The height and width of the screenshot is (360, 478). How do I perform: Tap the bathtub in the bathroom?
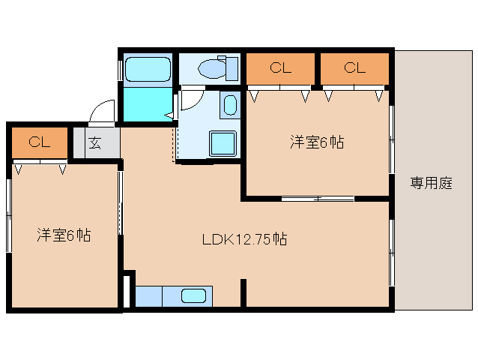pos(148,69)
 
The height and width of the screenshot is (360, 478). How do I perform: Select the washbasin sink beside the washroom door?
pos(230,105)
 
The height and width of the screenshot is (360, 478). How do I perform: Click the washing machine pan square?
pos(223,143)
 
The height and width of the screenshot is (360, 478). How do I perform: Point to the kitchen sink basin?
pos(193,295)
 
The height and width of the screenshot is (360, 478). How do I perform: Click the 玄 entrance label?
pos(95,142)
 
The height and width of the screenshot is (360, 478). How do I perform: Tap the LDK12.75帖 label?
pos(244,239)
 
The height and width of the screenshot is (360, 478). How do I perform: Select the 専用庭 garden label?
pos(431,183)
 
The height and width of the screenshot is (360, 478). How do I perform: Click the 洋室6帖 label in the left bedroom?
pos(64,235)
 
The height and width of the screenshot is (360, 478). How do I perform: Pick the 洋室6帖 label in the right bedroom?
pos(317,142)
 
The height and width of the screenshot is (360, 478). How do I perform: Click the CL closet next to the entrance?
pos(40,142)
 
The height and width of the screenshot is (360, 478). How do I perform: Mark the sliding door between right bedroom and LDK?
pos(318,199)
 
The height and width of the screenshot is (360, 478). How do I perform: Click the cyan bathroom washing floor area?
pos(148,104)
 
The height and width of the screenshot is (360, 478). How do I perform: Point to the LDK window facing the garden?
pos(392,252)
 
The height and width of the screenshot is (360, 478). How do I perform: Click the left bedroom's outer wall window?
pos(9,215)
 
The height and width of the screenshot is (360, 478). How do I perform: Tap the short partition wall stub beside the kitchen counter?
pos(243,293)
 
